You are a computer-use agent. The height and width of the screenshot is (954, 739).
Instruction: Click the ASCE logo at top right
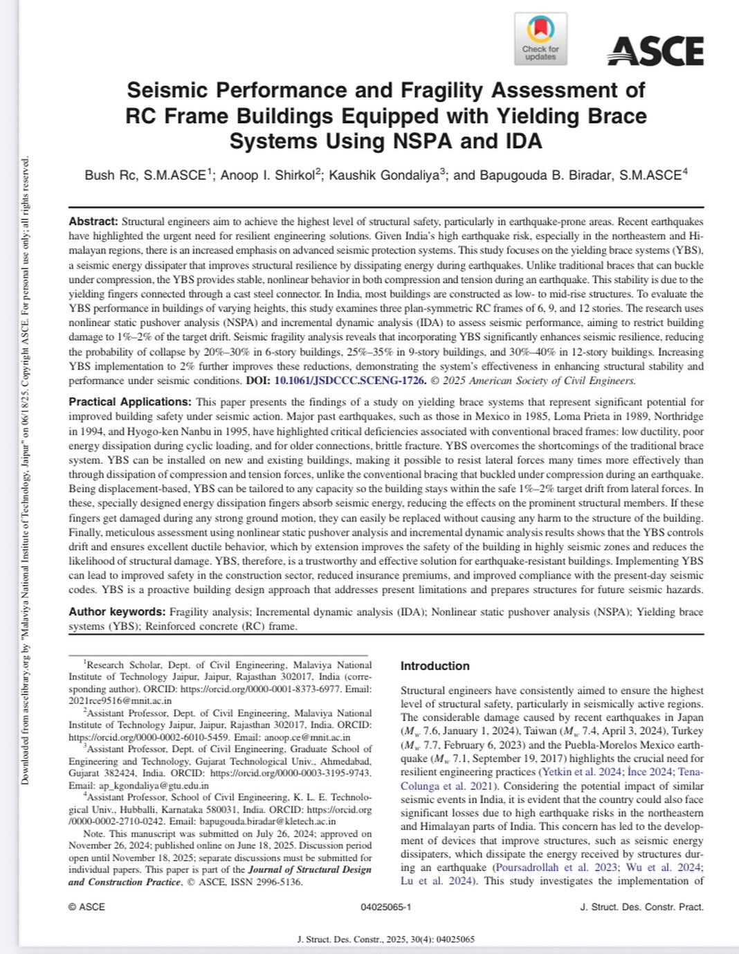tap(655, 51)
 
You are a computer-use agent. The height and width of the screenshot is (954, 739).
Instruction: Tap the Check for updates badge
tap(540, 39)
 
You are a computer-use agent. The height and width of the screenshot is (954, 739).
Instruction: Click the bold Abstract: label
tap(93, 222)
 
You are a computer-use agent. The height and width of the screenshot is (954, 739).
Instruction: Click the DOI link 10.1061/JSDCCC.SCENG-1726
tap(349, 381)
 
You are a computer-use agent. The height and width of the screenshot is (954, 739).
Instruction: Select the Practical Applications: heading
tap(129, 402)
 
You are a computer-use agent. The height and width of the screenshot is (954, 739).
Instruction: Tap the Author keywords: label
tap(117, 612)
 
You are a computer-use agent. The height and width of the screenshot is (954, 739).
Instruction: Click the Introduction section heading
tap(435, 666)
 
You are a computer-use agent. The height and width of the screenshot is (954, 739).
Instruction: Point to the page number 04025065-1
tap(385, 907)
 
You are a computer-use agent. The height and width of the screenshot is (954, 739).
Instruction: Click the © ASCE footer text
tap(86, 907)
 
